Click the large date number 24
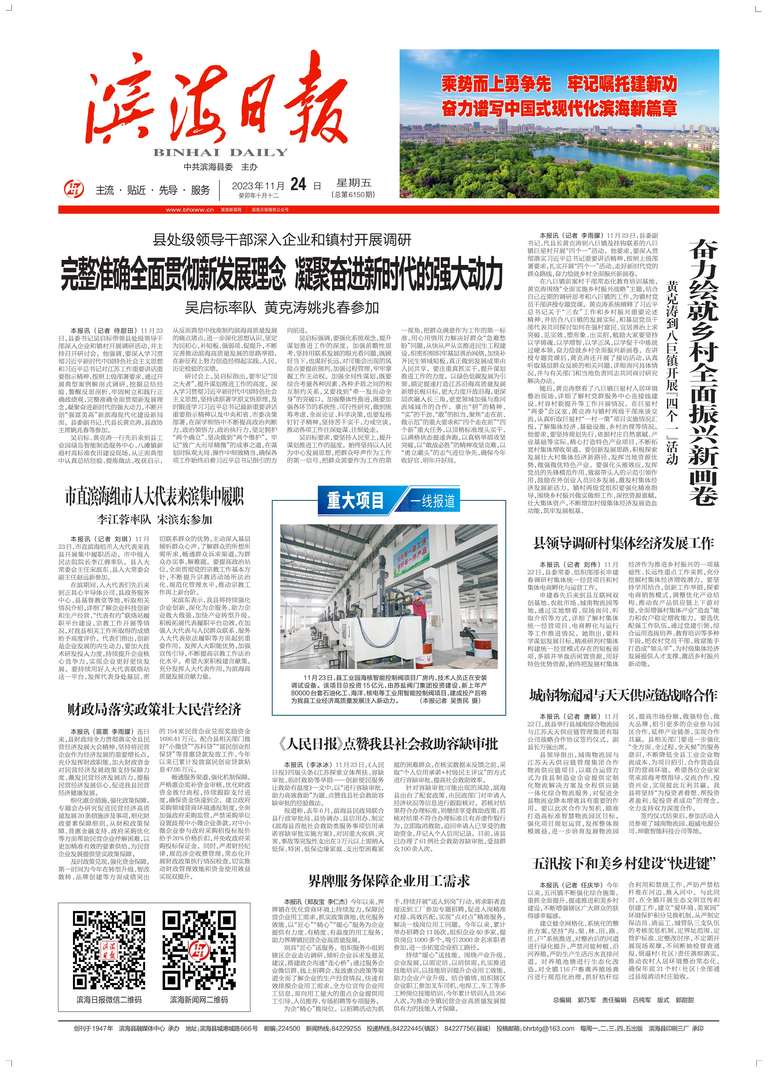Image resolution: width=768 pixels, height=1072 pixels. [298, 184]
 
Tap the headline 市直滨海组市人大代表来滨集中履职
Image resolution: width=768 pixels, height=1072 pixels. [155, 497]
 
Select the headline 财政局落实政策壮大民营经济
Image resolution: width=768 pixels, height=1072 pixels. [155, 709]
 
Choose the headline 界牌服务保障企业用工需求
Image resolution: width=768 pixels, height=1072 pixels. [389, 881]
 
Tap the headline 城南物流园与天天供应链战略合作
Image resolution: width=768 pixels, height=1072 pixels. [623, 695]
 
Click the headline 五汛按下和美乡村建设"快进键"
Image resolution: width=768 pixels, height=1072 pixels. [623, 864]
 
